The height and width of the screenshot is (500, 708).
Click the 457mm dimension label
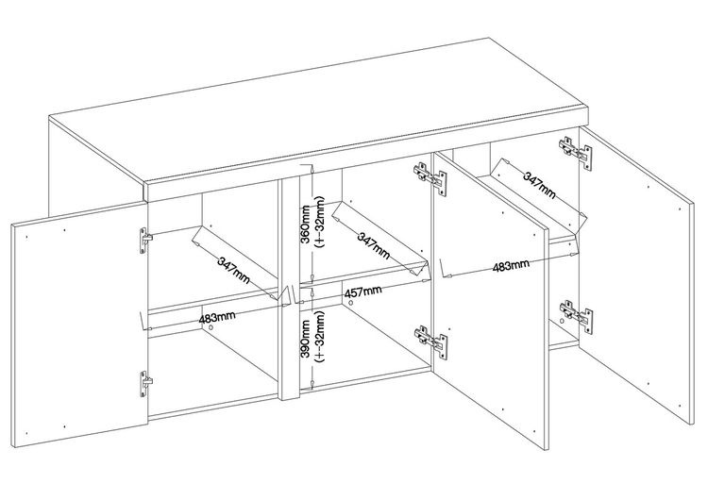[363, 292]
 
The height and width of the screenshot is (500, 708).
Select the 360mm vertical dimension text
[306, 225]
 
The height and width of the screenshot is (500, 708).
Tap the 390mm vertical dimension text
[306, 339]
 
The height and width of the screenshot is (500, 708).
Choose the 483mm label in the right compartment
[511, 265]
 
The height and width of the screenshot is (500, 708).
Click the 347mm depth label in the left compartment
[233, 270]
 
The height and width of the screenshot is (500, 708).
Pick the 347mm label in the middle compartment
[374, 245]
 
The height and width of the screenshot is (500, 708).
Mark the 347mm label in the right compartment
[539, 185]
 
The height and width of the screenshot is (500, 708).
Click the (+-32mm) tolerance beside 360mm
[320, 222]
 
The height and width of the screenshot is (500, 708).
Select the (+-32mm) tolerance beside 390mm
[320, 337]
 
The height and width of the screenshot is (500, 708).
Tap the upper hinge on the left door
[145, 242]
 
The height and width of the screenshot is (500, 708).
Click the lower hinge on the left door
[145, 385]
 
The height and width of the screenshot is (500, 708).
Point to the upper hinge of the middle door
[430, 178]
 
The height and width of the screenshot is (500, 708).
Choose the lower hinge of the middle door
[430, 342]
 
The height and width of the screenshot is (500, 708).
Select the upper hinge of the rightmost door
[575, 154]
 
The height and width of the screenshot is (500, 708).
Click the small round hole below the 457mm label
[350, 303]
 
